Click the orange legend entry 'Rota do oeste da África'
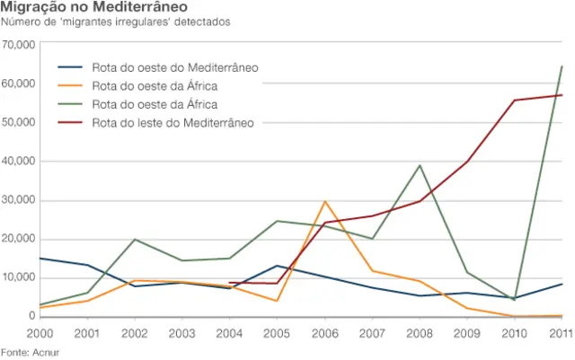pos(155,86)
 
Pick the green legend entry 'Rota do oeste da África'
pos(155,104)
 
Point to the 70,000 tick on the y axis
pos(19,44)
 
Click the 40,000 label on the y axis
pos(19,161)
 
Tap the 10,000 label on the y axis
pos(19,277)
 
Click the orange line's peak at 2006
pos(324,201)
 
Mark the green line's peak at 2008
pos(420,165)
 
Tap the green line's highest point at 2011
pos(562,66)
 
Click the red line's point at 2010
pos(515,101)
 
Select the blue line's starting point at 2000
pos(39,259)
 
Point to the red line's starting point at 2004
pos(230,283)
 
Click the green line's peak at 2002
pos(135,240)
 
